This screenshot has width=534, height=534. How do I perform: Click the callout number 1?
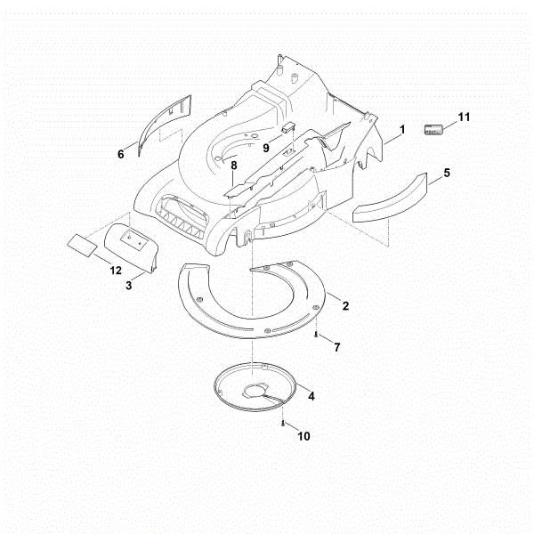pyautogui.click(x=402, y=129)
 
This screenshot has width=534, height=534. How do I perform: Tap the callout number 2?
pyautogui.click(x=345, y=306)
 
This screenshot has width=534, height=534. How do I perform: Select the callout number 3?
pyautogui.click(x=129, y=286)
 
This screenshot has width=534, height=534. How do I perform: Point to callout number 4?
pyautogui.click(x=311, y=396)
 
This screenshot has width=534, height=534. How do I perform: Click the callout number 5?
pyautogui.click(x=447, y=173)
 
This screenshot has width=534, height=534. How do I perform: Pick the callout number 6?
pyautogui.click(x=121, y=154)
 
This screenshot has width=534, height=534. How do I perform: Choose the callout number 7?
pyautogui.click(x=336, y=347)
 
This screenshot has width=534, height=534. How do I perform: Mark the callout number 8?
pyautogui.click(x=233, y=166)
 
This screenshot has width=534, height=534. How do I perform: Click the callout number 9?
pyautogui.click(x=266, y=148)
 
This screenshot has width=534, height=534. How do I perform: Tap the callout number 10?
pyautogui.click(x=303, y=436)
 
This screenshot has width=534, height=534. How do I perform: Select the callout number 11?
pyautogui.click(x=464, y=117)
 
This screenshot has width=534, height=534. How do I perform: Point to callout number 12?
pyautogui.click(x=116, y=271)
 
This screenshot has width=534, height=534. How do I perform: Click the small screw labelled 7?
pyautogui.click(x=316, y=336)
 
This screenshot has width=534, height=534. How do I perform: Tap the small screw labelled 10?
pyautogui.click(x=283, y=424)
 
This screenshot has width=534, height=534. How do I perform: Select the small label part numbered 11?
pyautogui.click(x=433, y=130)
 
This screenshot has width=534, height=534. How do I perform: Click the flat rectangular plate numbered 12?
pyautogui.click(x=82, y=245)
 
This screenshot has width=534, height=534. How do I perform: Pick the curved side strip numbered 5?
pyautogui.click(x=390, y=198)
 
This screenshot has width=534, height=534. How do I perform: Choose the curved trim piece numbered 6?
pyautogui.click(x=165, y=125)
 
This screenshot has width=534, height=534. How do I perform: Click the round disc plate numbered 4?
pyautogui.click(x=255, y=387)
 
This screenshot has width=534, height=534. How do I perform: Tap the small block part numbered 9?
pyautogui.click(x=288, y=127)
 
